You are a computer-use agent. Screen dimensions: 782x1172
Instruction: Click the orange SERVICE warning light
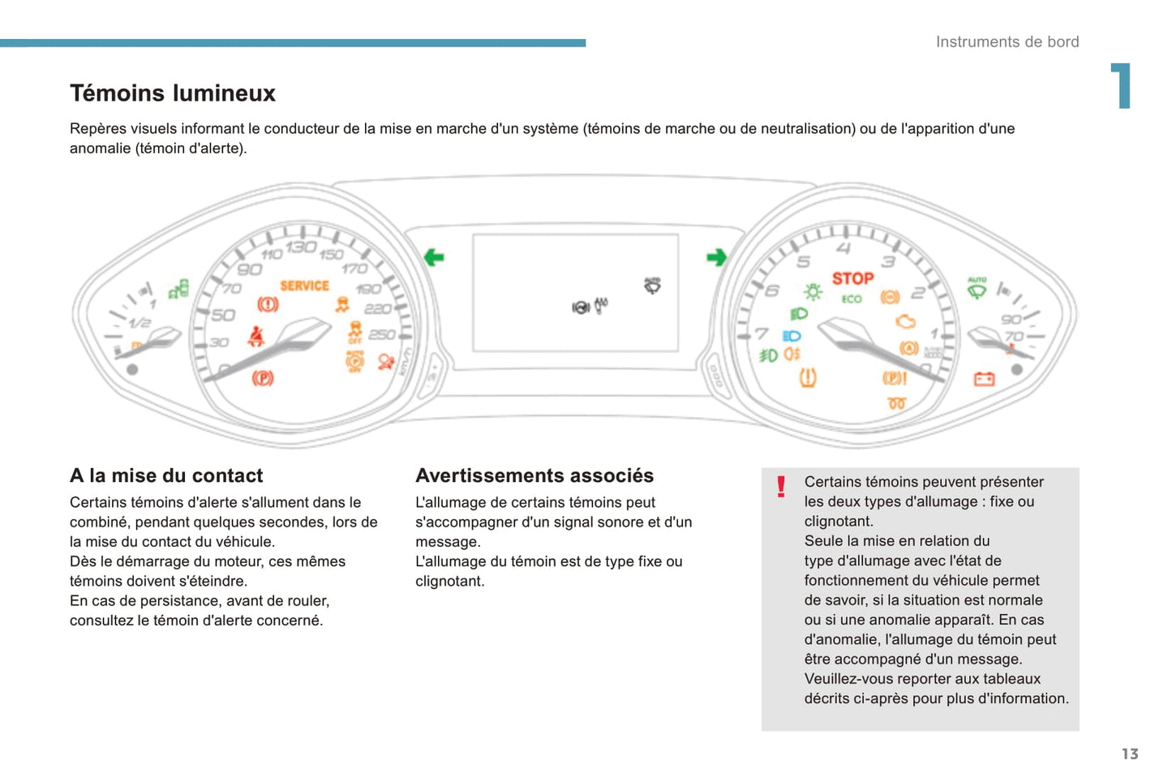pos(304,286)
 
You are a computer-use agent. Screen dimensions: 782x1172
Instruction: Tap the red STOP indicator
pos(852,278)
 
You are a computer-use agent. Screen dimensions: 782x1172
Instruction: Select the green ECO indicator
pos(852,299)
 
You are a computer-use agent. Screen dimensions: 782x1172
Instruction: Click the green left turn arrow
pos(434,257)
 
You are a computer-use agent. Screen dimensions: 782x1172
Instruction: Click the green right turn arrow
pos(716,257)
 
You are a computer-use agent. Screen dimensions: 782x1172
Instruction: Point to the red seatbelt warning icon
pos(256,336)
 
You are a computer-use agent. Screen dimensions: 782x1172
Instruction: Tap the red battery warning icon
pos(984,379)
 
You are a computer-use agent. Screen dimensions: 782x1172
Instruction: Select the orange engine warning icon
pos(905,322)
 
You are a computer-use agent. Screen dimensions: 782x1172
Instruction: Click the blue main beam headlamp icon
pos(792,336)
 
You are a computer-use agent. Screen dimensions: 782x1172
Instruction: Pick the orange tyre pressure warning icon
pos(808,377)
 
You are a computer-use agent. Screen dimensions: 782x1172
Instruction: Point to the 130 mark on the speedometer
pos(300,247)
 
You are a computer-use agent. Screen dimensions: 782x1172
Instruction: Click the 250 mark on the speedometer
pos(382,334)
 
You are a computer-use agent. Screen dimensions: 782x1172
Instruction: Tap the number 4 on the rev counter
pos(844,248)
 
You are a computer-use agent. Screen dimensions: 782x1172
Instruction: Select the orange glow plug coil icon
pos(896,403)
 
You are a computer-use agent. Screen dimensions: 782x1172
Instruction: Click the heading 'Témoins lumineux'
pos(173,93)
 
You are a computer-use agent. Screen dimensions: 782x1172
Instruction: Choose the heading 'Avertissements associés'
pos(534,475)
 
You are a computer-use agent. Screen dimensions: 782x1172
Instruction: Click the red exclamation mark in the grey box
pos(781,487)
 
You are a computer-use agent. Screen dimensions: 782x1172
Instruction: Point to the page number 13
pos(1130,754)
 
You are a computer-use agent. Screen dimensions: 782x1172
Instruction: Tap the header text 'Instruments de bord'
pos(1007,42)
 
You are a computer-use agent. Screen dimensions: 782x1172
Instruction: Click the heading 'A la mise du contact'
pos(166,475)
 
